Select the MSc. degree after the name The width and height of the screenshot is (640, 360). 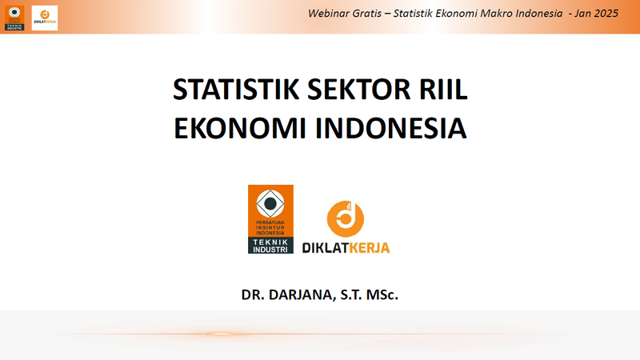pyautogui.click(x=382, y=294)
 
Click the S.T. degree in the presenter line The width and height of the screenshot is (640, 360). pyautogui.click(x=350, y=294)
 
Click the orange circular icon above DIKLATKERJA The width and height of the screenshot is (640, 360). pyautogui.click(x=346, y=218)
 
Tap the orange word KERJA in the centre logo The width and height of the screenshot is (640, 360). pyautogui.click(x=370, y=248)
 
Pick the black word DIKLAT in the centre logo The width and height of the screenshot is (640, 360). pyautogui.click(x=326, y=248)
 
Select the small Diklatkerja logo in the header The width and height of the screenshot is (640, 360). pyautogui.click(x=44, y=17)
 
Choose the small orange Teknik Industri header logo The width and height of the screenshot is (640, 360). pyautogui.click(x=14, y=17)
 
